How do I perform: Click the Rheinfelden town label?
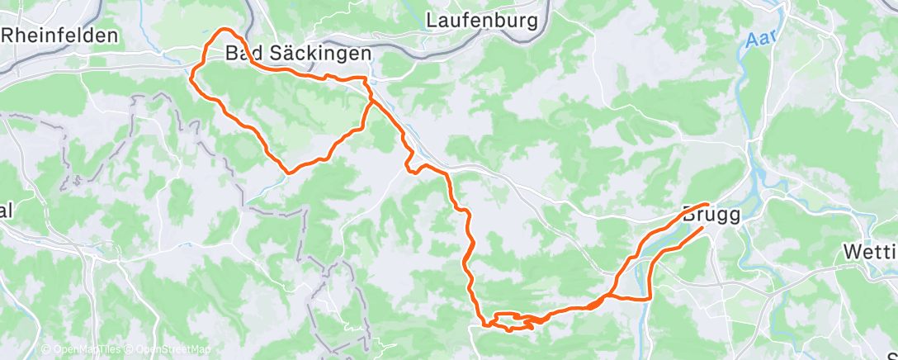click(59, 36)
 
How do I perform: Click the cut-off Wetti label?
click(871, 251)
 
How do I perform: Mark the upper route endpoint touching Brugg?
click(707, 203)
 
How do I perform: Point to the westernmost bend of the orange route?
click(191, 79)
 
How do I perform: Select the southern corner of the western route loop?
click(287, 172)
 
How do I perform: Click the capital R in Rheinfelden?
click(9, 36)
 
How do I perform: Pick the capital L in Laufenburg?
click(432, 20)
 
